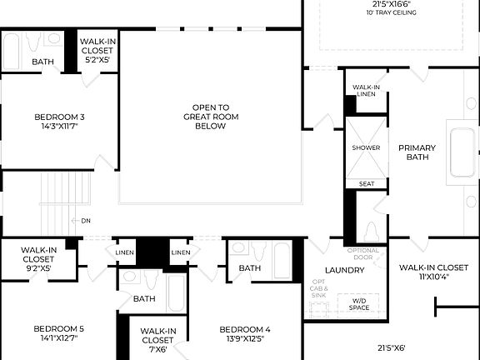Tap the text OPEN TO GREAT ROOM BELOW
pos(211,117)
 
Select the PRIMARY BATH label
pos(417,153)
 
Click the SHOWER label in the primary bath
pos(366,147)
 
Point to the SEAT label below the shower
pos(366,183)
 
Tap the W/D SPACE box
pos(359,304)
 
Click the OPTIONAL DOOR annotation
pos(362,253)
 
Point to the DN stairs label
pos(86,221)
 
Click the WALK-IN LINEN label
pos(367,91)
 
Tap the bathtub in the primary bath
pos(462,152)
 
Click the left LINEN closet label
pos(124,252)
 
